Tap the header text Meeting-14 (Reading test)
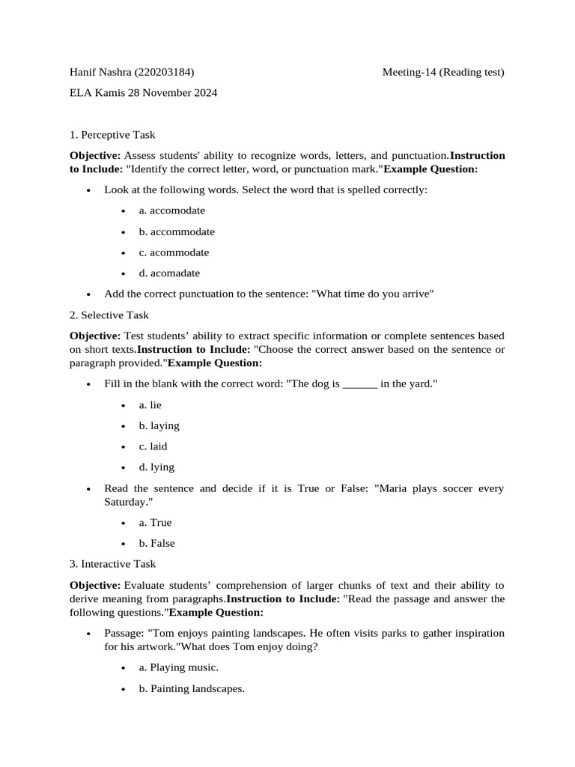443,73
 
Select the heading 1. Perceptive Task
112,135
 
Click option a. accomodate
171,210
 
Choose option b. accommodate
176,231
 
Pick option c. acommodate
174,252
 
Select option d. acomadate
169,273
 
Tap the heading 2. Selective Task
109,315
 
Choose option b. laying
159,425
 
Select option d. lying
156,467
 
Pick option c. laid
153,446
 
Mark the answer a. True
155,523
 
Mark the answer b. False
156,543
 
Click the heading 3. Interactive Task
113,563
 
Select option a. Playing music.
178,667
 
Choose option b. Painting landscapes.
191,688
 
